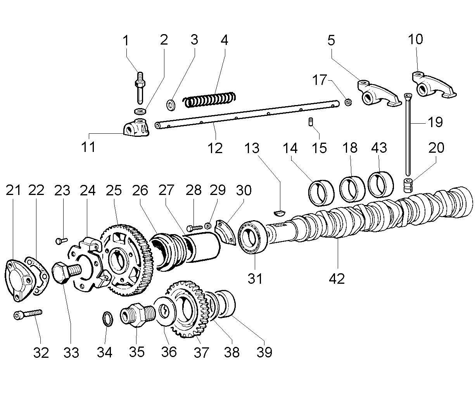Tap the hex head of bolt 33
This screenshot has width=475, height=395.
pyautogui.click(x=61, y=273)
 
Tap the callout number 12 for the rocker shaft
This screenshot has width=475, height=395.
pyautogui.click(x=215, y=148)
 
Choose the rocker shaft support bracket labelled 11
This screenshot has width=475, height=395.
pyautogui.click(x=136, y=128)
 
